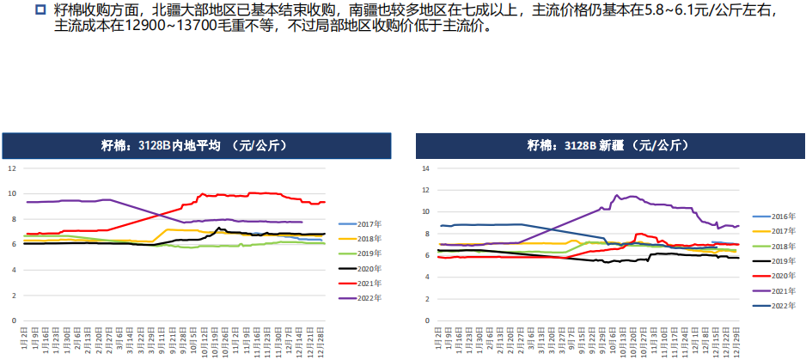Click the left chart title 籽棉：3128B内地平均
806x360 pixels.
pyautogui.click(x=196, y=145)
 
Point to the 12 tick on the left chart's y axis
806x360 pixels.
pyautogui.click(x=12, y=168)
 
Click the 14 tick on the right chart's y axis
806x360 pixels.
pyautogui.click(x=424, y=168)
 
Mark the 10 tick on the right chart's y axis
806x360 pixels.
pyautogui.click(x=424, y=211)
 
